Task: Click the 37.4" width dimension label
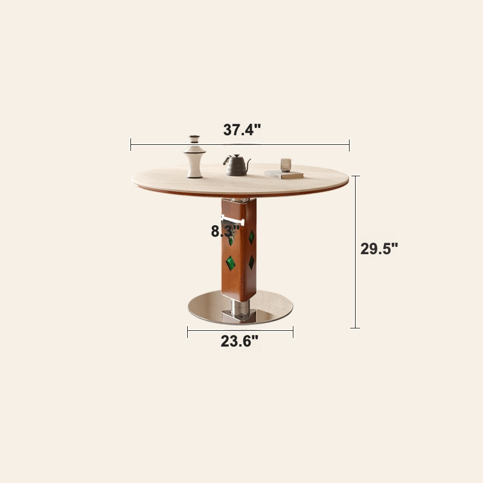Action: (x=241, y=130)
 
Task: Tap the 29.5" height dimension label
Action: (x=379, y=249)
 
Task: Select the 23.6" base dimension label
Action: (x=239, y=342)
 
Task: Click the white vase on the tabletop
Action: (x=194, y=158)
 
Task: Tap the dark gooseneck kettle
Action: (x=237, y=165)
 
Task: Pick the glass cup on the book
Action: (x=286, y=165)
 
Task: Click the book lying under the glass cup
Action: (x=284, y=174)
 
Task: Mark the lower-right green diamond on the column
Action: (x=251, y=261)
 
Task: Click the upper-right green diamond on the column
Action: (x=251, y=237)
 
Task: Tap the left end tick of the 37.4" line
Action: (x=131, y=144)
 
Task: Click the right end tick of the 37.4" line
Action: (x=349, y=144)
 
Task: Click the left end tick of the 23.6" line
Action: (x=188, y=331)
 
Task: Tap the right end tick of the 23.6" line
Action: (x=293, y=331)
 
